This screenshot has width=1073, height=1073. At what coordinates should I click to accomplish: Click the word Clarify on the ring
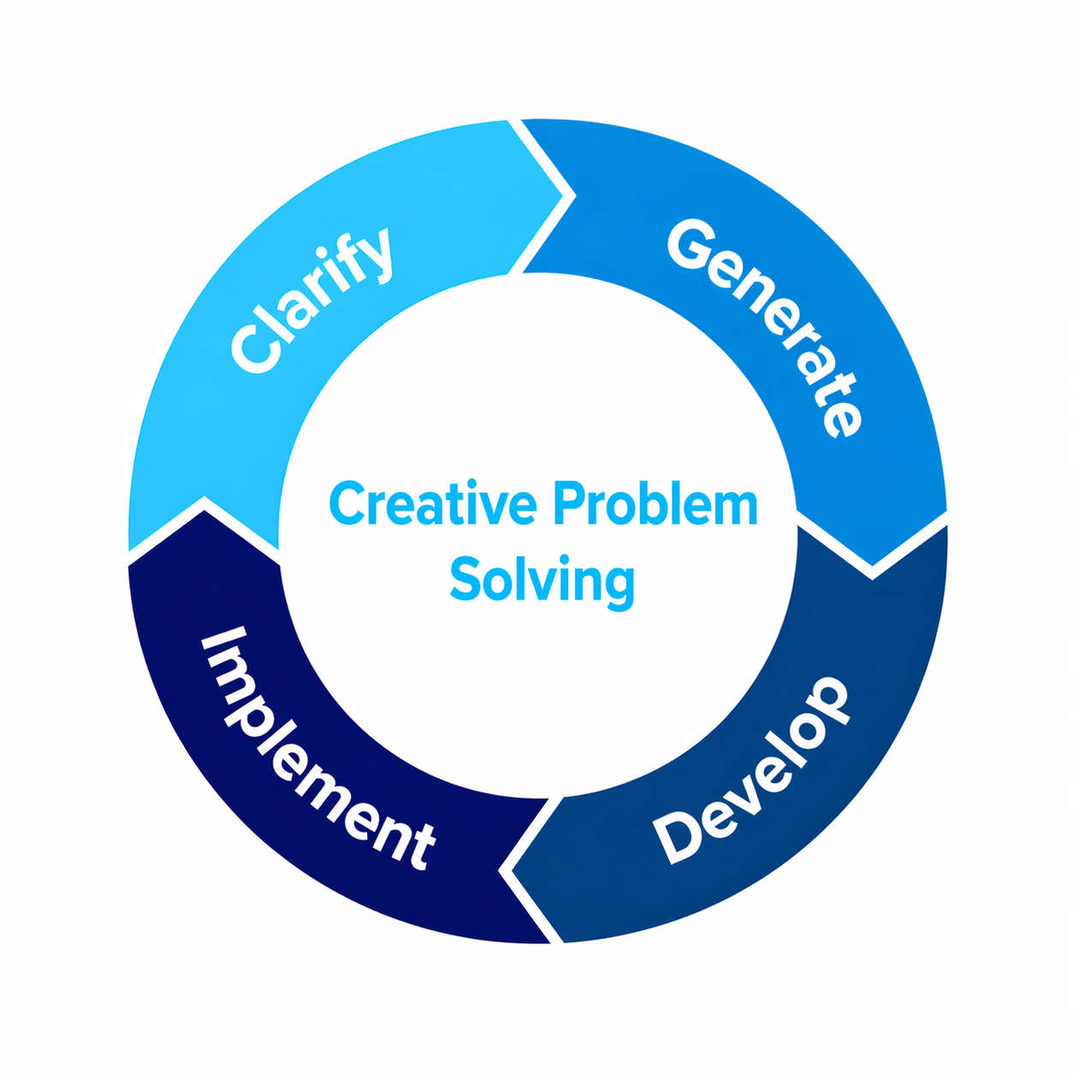(312, 299)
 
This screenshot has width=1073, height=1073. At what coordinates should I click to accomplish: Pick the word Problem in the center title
(655, 504)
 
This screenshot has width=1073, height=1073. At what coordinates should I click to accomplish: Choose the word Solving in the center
(542, 580)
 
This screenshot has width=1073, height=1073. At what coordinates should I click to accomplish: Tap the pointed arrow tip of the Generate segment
(872, 568)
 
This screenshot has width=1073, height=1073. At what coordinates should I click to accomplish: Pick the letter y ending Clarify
(376, 252)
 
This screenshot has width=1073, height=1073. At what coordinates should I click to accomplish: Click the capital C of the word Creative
(346, 504)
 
